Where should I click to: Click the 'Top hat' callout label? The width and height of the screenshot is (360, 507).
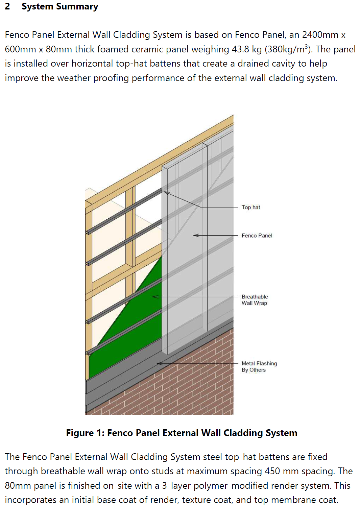click(250, 207)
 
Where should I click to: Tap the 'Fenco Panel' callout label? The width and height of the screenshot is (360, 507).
click(257, 236)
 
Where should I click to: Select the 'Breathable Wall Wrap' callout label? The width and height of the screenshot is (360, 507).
click(255, 300)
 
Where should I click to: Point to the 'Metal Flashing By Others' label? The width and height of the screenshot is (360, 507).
click(259, 366)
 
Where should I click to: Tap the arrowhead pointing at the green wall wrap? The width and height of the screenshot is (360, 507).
click(153, 297)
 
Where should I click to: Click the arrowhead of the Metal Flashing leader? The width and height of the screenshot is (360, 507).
click(158, 363)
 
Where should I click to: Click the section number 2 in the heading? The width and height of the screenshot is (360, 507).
click(7, 6)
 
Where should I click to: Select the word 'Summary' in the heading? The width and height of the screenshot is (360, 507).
click(77, 6)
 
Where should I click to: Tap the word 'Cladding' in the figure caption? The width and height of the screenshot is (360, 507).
click(243, 433)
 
